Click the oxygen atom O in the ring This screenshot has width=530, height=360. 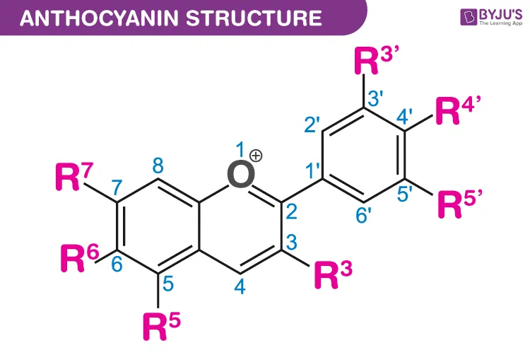[x=241, y=174]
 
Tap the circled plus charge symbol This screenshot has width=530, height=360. [x=256, y=156]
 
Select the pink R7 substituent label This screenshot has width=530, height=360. [x=73, y=176]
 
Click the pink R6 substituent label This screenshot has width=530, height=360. [x=80, y=258]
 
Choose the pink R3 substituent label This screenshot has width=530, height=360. [x=334, y=274]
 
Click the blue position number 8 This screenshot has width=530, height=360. [x=158, y=166]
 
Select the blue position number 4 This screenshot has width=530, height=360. [x=240, y=287]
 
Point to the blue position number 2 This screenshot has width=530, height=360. [x=291, y=211]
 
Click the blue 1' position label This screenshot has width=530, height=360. [x=312, y=170]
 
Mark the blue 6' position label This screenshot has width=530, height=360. [x=363, y=216]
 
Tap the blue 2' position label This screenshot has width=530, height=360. [x=312, y=124]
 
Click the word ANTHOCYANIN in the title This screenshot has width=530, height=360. [x=99, y=18]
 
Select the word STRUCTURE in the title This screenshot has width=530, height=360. [x=254, y=18]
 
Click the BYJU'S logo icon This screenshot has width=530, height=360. [x=469, y=17]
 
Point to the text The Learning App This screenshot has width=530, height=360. [x=500, y=23]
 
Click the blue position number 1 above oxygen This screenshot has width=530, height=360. [x=240, y=149]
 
